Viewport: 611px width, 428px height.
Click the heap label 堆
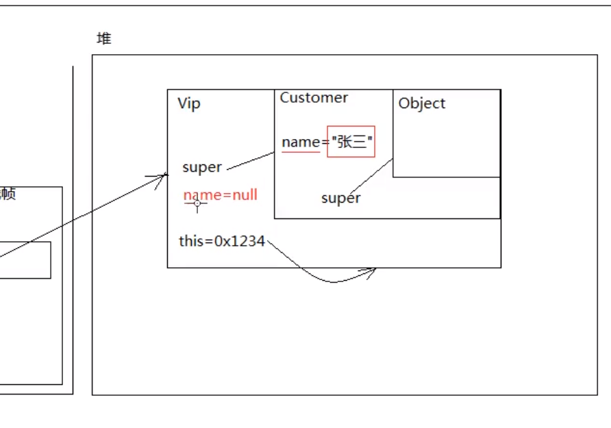click(x=104, y=39)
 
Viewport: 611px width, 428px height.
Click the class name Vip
click(x=189, y=104)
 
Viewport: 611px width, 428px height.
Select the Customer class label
click(x=314, y=98)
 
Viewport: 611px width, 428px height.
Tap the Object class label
click(x=422, y=103)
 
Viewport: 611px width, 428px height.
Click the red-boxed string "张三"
click(x=351, y=142)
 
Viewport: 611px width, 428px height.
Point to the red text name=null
click(x=221, y=195)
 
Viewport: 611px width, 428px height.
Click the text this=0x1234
click(x=222, y=241)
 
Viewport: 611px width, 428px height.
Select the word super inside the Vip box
click(x=202, y=168)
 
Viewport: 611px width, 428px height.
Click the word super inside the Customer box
click(x=340, y=199)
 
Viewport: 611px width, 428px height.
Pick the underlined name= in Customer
click(x=301, y=142)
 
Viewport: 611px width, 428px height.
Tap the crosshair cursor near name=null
click(x=197, y=203)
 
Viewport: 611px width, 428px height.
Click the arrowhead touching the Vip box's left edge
click(x=162, y=177)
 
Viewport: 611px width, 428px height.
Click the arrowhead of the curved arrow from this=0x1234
click(x=371, y=270)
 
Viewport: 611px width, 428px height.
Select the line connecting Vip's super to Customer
click(x=251, y=161)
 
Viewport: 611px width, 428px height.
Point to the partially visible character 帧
click(x=8, y=194)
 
